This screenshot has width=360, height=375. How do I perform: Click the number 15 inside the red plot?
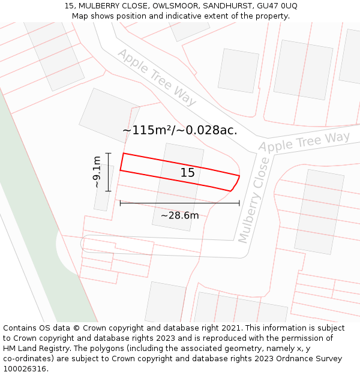pos(188,173)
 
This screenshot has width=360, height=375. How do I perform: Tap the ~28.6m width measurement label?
pos(179,215)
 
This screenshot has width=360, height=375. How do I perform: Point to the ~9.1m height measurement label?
pos(97,172)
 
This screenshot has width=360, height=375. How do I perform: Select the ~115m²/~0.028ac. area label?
pos(179,130)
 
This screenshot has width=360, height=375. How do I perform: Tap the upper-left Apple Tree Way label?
pos(157,77)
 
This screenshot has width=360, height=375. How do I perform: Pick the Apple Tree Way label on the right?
pos(304,142)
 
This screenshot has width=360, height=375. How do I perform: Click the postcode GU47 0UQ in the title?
pos(276,6)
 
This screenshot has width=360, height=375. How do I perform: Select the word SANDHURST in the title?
pos(229,6)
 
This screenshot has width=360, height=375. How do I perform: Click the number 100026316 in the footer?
pos(23,369)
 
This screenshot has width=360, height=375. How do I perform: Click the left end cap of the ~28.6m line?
pos(120,203)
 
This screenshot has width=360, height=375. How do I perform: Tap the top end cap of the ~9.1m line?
pos(109,153)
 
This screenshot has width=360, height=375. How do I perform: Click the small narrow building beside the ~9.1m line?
pos(103,187)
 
